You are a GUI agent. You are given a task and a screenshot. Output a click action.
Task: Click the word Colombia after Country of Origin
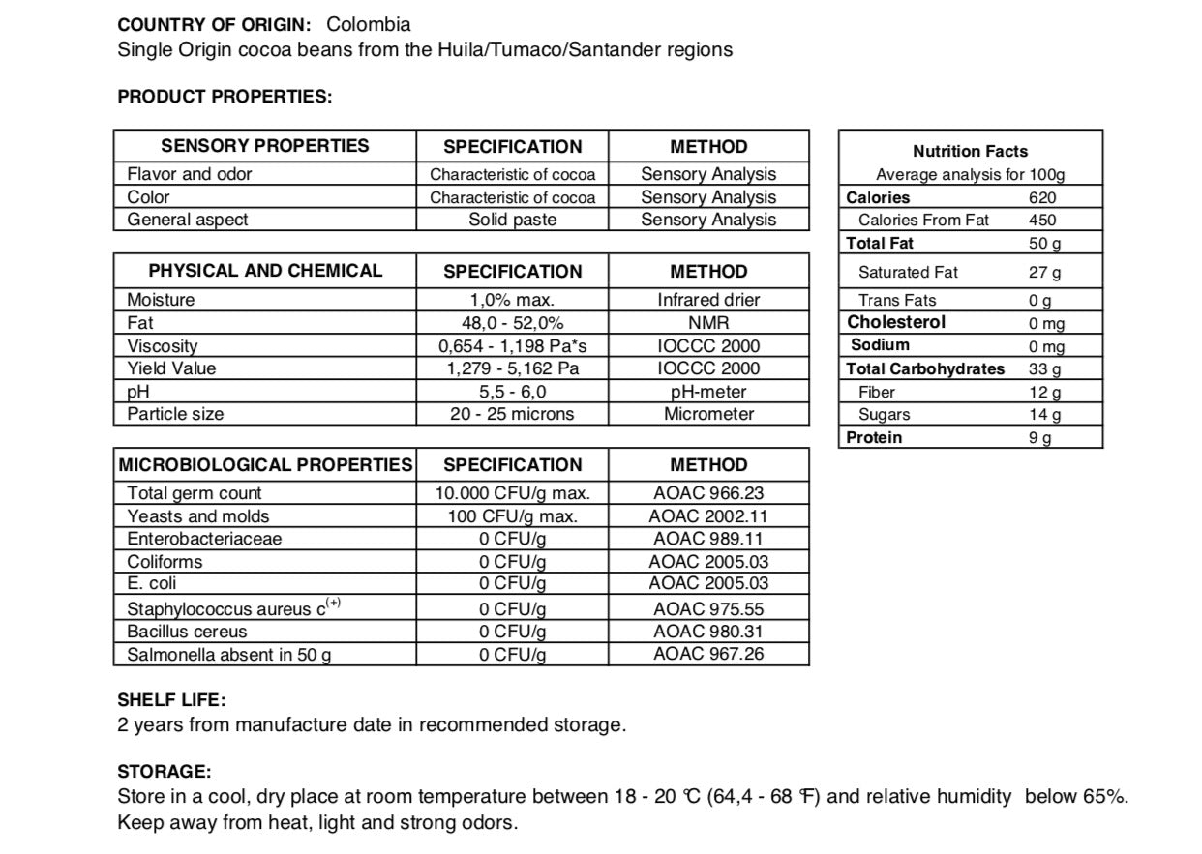[368, 25]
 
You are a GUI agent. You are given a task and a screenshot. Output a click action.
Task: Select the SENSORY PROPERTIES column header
[264, 146]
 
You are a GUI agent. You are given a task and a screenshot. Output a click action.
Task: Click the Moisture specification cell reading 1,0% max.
[512, 300]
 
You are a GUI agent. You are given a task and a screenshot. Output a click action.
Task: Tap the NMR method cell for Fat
[708, 323]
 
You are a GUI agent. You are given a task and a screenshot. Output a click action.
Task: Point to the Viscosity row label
[163, 346]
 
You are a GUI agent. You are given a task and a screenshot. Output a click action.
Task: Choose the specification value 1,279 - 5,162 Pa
[512, 368]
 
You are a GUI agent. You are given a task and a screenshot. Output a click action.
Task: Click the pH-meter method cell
[708, 392]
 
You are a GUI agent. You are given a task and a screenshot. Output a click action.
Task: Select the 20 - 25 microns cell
[512, 414]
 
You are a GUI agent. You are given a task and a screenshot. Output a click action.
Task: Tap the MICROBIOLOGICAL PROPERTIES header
[265, 465]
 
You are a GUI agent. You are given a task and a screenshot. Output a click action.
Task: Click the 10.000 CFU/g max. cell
[512, 493]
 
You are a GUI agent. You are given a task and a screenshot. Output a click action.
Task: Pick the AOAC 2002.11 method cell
[708, 516]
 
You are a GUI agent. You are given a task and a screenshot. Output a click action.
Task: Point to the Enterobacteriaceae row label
[204, 539]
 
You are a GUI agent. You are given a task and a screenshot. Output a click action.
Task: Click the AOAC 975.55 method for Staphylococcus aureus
[708, 609]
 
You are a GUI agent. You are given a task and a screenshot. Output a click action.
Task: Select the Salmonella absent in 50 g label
[229, 655]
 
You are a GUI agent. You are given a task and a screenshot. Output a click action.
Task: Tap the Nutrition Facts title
[970, 151]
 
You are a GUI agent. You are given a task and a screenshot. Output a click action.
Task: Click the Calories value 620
[1042, 197]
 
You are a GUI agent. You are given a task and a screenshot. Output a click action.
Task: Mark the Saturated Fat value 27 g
[1044, 273]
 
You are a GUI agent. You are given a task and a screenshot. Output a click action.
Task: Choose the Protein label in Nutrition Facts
[874, 438]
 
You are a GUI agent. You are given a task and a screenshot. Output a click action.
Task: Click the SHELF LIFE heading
[171, 699]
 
